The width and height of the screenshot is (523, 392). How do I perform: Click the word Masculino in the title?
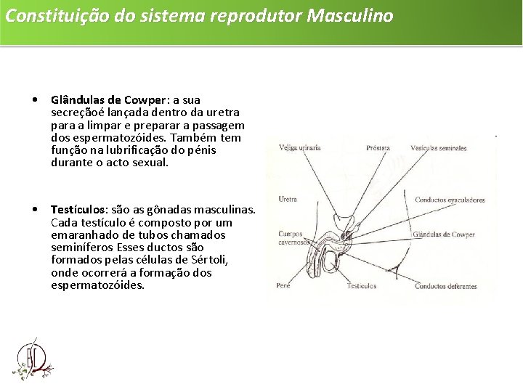pos(350,15)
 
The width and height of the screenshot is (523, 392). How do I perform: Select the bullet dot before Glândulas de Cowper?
pos(36,99)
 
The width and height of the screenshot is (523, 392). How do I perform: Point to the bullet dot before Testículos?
pos(36,210)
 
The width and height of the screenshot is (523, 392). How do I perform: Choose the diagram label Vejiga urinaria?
pos(300,148)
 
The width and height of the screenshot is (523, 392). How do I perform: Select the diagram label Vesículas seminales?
pos(438,148)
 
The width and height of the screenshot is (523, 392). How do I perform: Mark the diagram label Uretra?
pos(288,200)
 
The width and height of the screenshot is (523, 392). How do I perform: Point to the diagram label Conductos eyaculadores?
pos(450,200)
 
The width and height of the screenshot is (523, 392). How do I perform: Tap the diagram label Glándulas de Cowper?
pos(443,234)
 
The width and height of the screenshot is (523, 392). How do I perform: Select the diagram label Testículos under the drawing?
pos(361,286)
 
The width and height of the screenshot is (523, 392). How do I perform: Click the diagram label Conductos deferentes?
pos(446,286)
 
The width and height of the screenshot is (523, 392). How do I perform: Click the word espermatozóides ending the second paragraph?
pos(98,285)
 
